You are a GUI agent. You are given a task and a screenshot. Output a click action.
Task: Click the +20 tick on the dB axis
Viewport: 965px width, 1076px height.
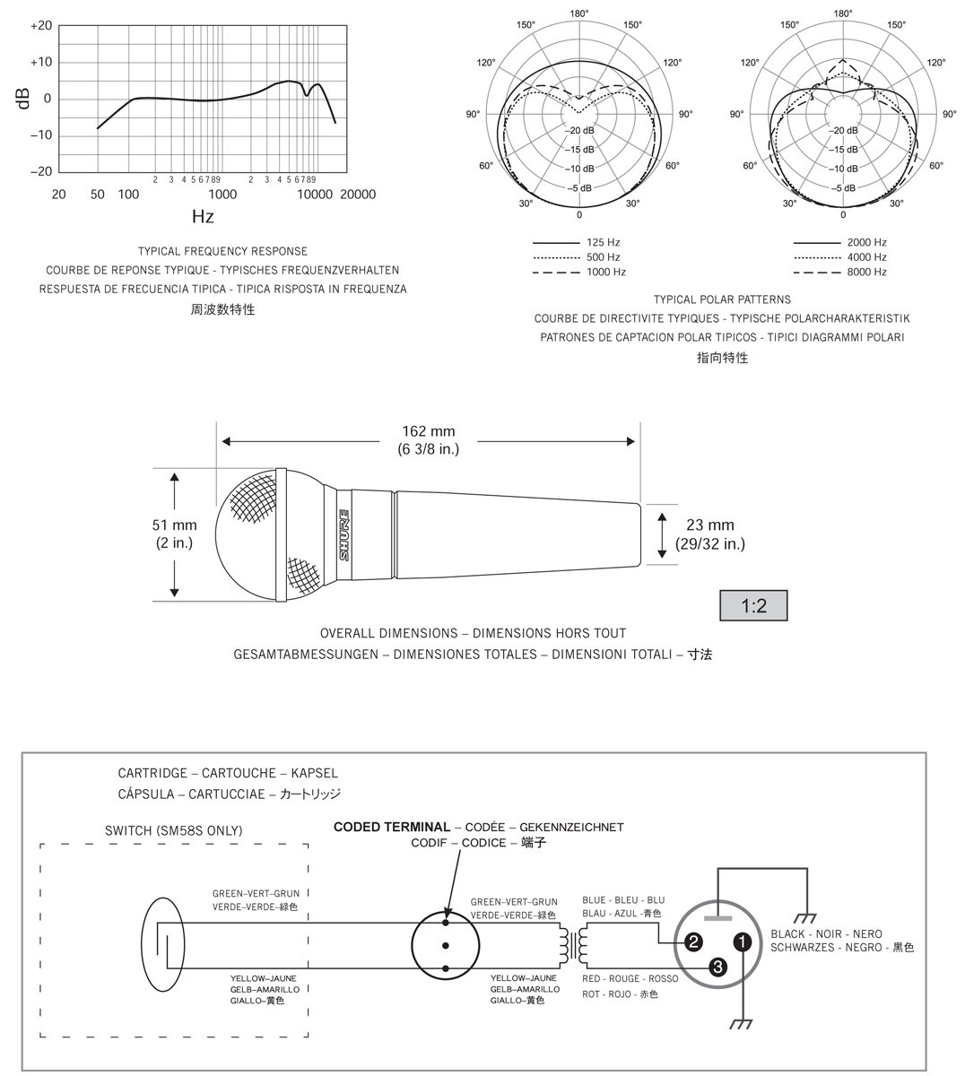tap(40, 26)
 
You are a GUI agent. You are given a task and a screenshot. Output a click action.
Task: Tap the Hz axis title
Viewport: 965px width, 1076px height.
tap(203, 216)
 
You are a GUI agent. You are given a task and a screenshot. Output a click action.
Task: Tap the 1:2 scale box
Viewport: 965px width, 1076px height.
tap(754, 606)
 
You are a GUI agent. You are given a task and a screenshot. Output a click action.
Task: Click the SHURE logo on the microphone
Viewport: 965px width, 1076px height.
tap(343, 535)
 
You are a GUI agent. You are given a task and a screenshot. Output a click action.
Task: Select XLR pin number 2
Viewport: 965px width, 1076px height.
tap(693, 941)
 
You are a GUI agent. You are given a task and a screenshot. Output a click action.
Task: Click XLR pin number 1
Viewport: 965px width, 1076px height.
tap(743, 941)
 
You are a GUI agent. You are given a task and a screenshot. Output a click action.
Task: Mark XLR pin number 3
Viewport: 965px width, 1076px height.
tap(717, 966)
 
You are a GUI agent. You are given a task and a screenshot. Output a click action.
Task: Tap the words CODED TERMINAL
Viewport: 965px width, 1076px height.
tap(391, 827)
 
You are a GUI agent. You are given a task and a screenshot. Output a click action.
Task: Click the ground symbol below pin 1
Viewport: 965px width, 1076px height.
tap(743, 1023)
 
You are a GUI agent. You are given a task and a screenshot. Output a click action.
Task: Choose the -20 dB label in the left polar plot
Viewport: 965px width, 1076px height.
tap(579, 130)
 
